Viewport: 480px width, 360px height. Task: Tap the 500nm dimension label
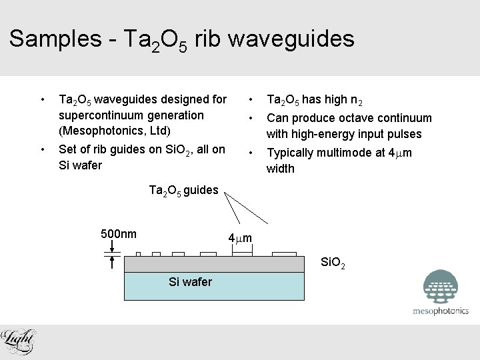tap(119, 233)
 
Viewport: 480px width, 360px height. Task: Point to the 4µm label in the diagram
tap(240, 238)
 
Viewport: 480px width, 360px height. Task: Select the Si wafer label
tap(191, 282)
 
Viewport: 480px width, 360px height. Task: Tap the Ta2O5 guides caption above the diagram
tap(183, 190)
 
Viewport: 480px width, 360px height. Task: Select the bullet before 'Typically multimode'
tap(250, 153)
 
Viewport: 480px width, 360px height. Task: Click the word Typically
tap(290, 153)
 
